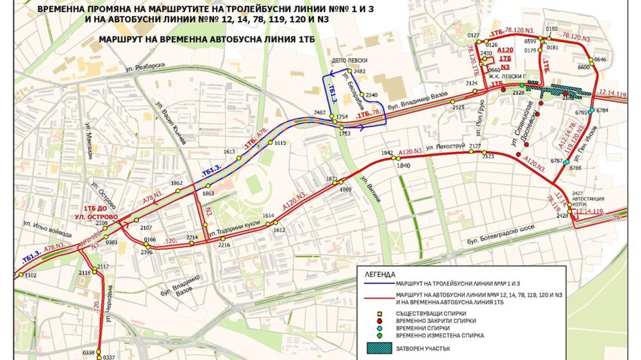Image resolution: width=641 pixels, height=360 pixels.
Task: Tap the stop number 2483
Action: pos(360,72)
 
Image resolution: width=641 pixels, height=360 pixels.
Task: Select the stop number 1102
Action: pos(30,276)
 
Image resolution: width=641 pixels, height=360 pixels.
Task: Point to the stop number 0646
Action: pos(600,59)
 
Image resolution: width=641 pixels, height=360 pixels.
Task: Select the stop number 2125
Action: pos(458,107)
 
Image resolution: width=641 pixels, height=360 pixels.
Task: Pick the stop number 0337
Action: pos(109,357)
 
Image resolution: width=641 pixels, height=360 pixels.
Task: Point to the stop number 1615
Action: pos(280,143)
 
